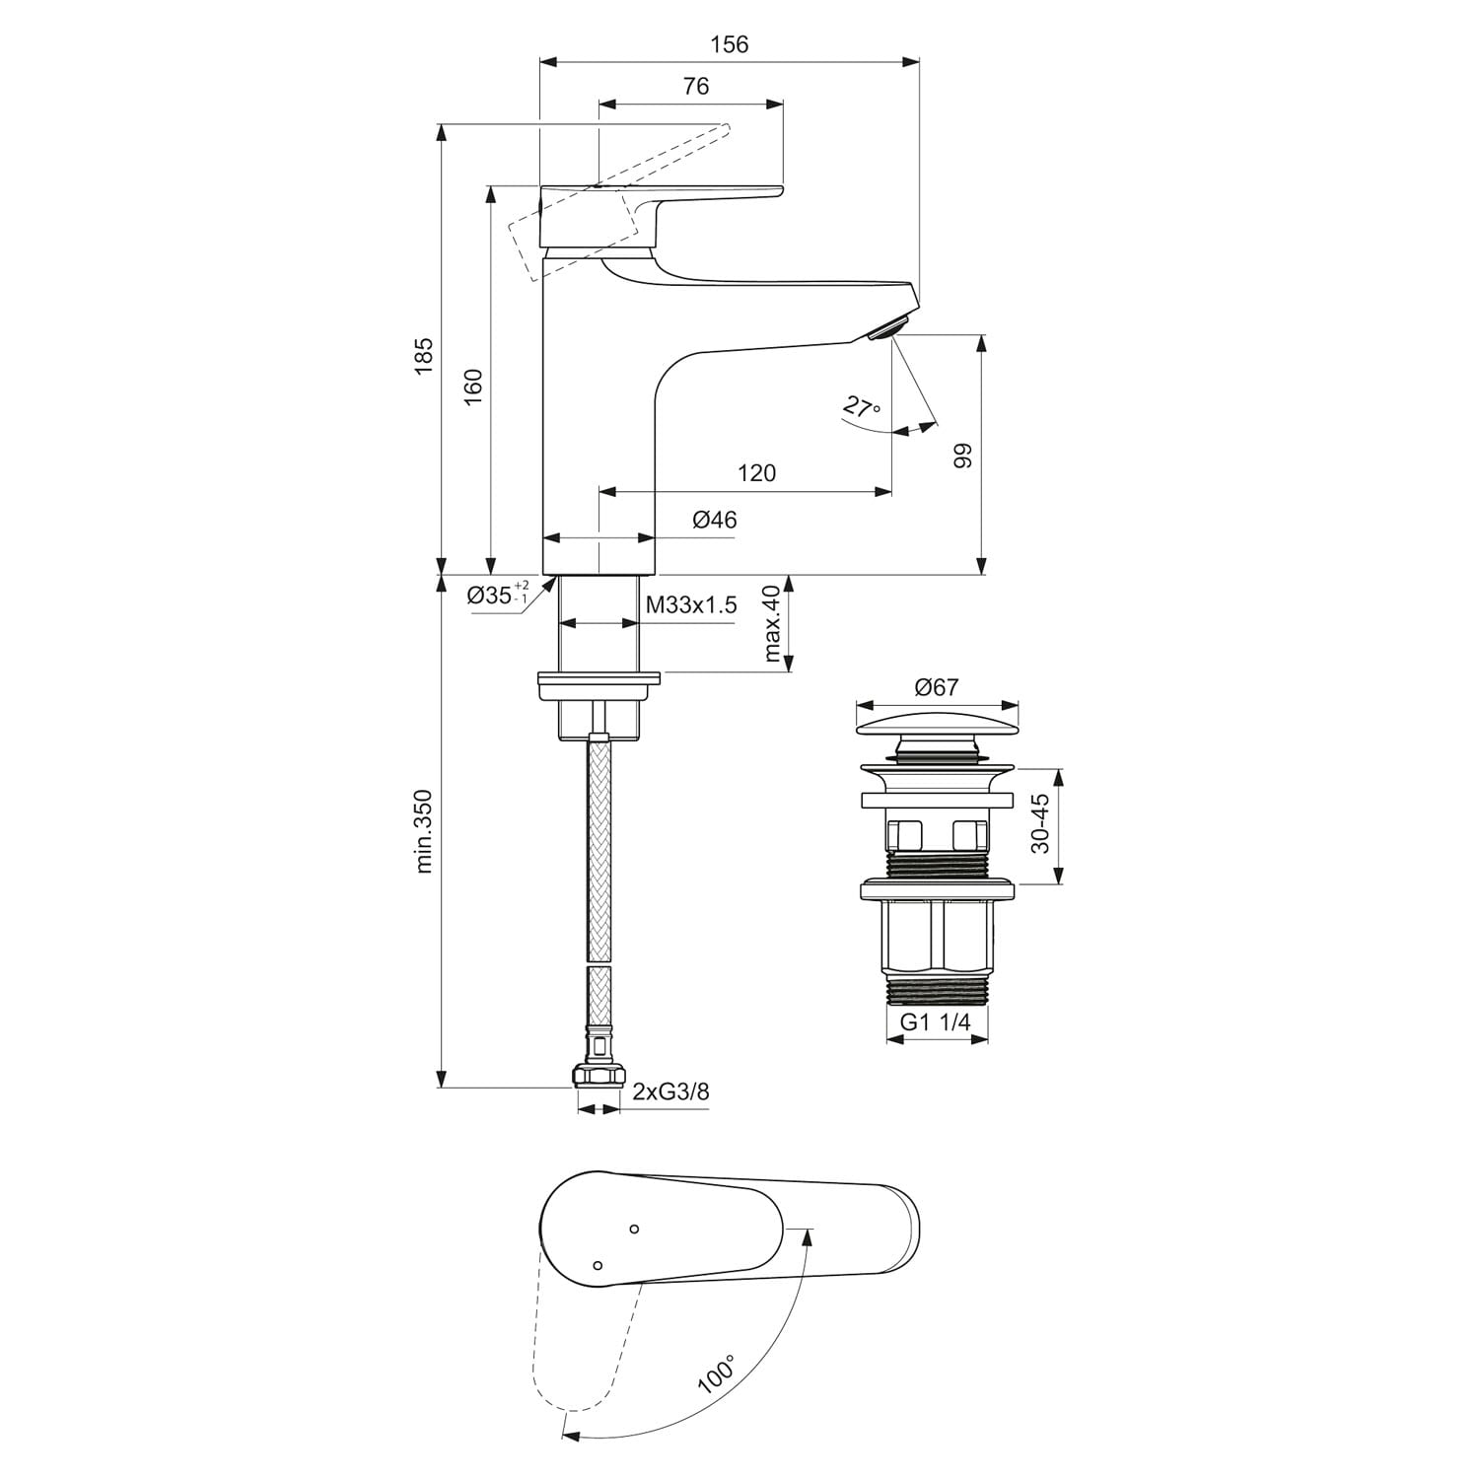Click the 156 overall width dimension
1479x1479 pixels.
point(730,44)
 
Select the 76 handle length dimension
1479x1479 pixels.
point(696,87)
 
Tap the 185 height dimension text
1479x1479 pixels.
point(423,356)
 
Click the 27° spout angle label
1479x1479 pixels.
point(861,405)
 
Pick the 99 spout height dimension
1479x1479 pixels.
point(962,455)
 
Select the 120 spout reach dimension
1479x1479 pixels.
point(757,473)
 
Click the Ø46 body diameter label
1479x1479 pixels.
point(715,520)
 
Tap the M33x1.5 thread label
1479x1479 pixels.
point(691,605)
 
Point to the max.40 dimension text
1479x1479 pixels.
point(772,623)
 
